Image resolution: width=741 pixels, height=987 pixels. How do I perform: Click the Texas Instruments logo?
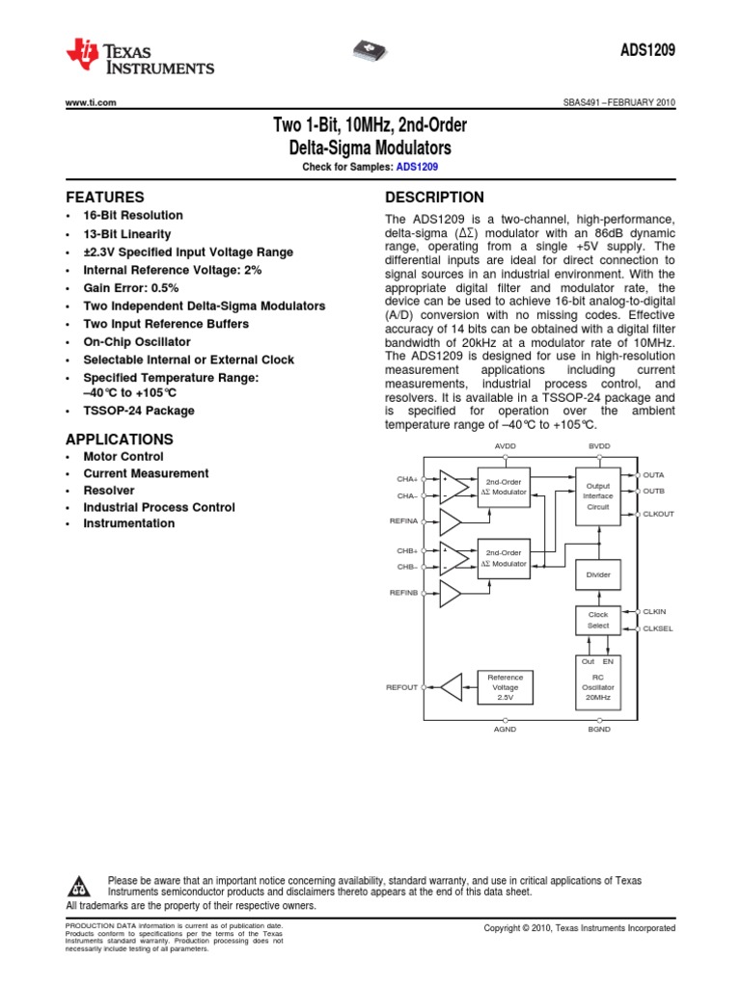point(140,57)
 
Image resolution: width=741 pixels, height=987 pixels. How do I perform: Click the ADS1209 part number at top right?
point(647,53)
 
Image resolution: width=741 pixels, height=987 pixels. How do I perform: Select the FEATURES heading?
point(104,196)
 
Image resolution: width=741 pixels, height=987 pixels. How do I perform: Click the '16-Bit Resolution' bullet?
point(133,216)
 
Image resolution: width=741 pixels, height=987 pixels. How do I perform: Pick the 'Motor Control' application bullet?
point(123,457)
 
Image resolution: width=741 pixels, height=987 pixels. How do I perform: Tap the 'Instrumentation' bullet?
point(129,524)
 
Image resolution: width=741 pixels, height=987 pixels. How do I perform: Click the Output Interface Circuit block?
point(598,496)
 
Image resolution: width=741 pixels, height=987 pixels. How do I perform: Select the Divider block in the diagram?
point(598,574)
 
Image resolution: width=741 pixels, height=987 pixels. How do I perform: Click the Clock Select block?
point(598,620)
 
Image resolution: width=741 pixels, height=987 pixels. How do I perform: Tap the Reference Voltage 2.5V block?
point(506,687)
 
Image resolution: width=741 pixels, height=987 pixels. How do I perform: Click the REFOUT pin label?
point(401,687)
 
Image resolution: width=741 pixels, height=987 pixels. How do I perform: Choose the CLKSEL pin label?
point(657,628)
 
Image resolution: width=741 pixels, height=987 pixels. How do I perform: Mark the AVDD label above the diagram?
point(506,446)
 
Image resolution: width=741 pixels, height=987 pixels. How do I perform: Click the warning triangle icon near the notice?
point(82,886)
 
